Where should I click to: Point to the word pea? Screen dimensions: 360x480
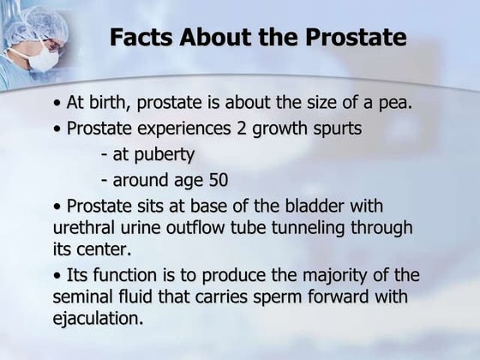pos(397,105)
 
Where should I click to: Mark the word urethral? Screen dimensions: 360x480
pos(87,229)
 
